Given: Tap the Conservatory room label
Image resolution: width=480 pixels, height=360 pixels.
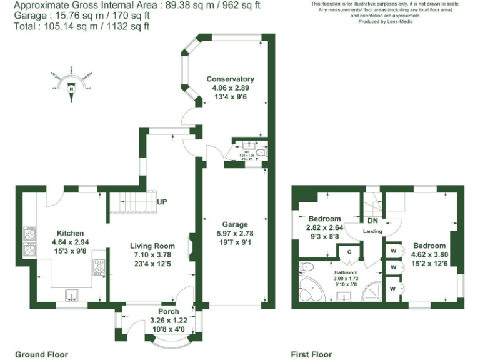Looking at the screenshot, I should (231, 79).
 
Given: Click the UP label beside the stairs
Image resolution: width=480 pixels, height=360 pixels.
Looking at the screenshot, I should (162, 202).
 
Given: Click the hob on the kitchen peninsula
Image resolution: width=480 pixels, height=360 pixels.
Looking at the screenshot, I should (99, 267).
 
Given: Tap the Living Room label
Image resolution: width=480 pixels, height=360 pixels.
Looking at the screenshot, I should (152, 246).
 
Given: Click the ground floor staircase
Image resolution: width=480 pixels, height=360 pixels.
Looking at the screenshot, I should (131, 202).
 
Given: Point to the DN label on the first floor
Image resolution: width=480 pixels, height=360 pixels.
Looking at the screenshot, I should (372, 221).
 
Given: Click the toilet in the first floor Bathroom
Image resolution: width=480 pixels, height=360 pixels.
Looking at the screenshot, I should (306, 268).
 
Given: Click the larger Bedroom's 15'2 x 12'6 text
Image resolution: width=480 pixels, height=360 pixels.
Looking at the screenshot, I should (428, 263).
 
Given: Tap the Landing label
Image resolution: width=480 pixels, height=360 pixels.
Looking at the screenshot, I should (372, 232).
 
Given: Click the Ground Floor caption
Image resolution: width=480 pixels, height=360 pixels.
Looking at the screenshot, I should (41, 354).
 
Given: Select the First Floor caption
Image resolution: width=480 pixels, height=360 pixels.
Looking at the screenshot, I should (311, 354).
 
